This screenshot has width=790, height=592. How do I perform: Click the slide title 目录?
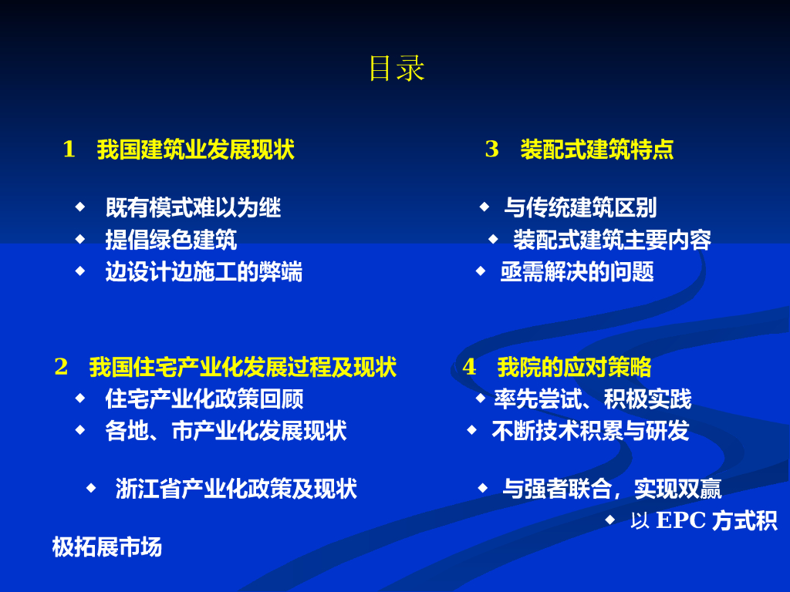(397, 69)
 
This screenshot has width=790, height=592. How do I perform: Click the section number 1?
(69, 150)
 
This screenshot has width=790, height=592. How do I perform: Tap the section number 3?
(491, 150)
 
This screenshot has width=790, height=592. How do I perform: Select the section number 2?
(62, 367)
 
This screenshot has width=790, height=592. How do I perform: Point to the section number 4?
(470, 367)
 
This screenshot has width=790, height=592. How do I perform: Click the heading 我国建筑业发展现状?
(195, 150)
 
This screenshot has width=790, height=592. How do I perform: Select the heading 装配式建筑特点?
(597, 150)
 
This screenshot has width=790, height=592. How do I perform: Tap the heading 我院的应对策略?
(574, 368)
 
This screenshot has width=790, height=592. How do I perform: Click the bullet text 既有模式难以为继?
(194, 208)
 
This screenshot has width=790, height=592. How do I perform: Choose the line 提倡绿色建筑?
(171, 240)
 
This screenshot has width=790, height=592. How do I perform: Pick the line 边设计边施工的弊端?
(204, 272)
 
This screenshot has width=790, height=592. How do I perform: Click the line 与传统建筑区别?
(580, 208)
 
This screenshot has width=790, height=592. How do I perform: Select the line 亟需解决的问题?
(577, 272)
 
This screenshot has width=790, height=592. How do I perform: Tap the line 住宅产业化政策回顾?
(204, 399)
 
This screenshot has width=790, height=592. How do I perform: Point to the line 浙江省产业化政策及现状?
(236, 489)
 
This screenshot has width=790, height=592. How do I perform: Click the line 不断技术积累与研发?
(590, 432)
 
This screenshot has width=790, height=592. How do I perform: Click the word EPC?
(681, 520)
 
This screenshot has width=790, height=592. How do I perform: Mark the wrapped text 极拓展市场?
(106, 547)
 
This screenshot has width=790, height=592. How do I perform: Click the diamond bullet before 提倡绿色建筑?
(80, 239)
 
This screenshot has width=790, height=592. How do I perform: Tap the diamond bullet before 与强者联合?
(483, 488)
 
